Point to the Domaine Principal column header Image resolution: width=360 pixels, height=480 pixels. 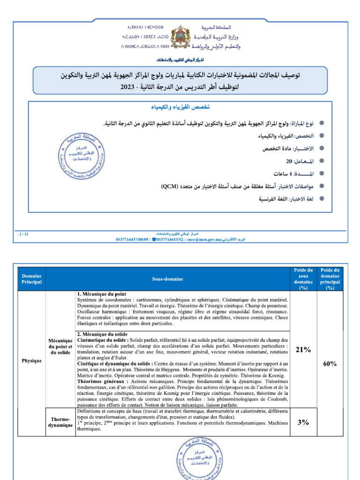pos(31,279)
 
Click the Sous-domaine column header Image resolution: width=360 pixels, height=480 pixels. pos(167,279)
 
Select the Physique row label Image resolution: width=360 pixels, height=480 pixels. pos(31,361)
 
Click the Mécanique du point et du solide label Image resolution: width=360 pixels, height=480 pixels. pos(60,345)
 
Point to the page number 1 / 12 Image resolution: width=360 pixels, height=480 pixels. pos(22,233)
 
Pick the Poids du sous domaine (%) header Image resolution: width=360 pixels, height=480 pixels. pos(303,279)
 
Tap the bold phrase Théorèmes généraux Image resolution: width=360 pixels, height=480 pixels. pos(97,382)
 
